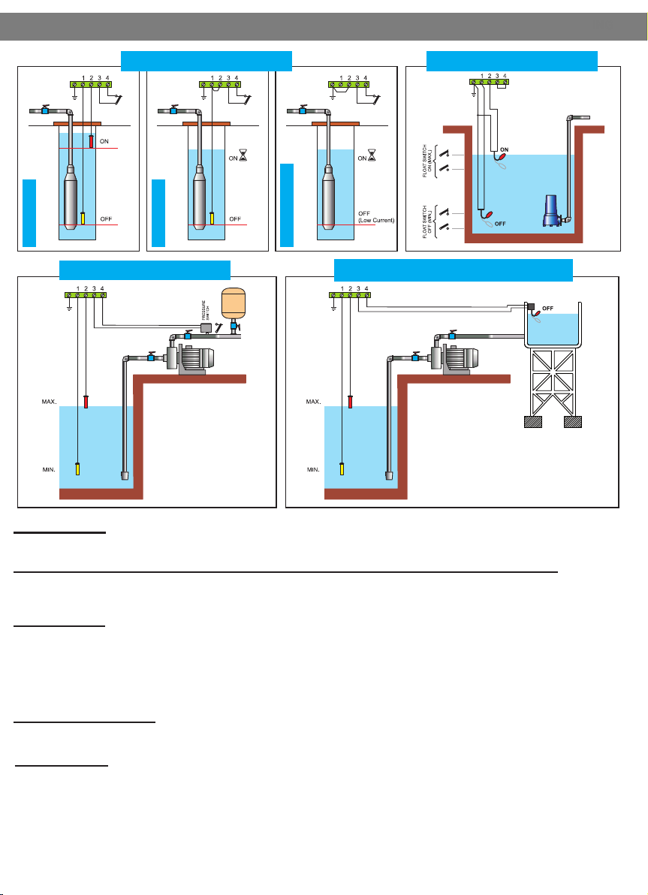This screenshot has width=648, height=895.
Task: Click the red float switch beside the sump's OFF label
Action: pos(486,214)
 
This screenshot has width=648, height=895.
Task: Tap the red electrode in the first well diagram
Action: pos(91,140)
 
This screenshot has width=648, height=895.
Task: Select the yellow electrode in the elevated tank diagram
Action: pos(342,469)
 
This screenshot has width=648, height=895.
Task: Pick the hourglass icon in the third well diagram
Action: pos(372,158)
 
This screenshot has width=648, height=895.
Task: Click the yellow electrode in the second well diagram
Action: pos(212,217)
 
